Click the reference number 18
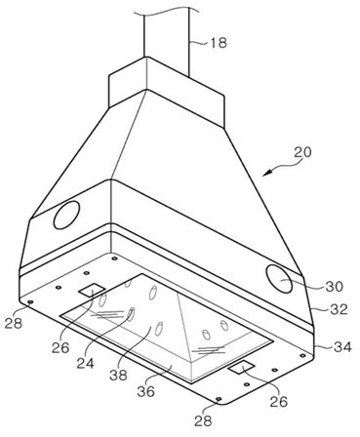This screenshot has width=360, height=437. click(x=219, y=43)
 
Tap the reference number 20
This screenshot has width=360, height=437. click(x=302, y=152)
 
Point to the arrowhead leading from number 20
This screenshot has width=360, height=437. click(x=266, y=173)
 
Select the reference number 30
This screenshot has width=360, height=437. click(x=335, y=287)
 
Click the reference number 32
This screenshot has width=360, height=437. click(x=339, y=309)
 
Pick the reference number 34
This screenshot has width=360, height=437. click(x=342, y=347)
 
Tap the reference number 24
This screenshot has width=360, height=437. click(x=86, y=363)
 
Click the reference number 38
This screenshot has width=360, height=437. click(x=118, y=376)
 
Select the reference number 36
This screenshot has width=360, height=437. click(x=145, y=391)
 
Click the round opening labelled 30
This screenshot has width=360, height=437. click(x=279, y=279)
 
